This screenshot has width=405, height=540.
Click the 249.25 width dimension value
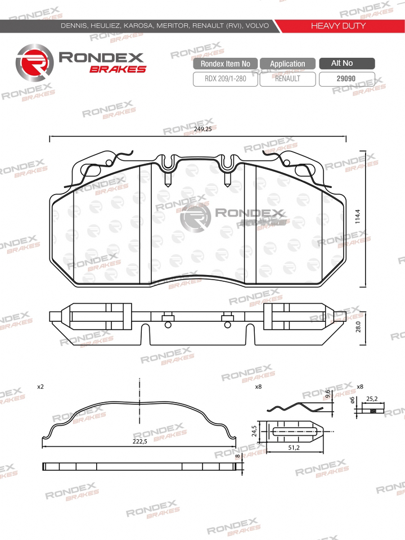click(x=202, y=129)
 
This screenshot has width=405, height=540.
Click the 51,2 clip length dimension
click(x=292, y=448)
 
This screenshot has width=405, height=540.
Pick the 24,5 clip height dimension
click(x=254, y=431)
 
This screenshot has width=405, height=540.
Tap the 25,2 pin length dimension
click(x=371, y=399)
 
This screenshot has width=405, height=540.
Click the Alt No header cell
click(x=344, y=64)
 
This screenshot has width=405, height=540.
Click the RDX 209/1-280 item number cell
click(x=225, y=79)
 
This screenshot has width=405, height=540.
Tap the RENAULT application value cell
click(x=287, y=79)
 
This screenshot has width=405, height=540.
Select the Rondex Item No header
click(x=225, y=64)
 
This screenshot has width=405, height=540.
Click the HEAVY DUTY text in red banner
click(x=338, y=26)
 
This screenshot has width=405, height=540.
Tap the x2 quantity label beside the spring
click(x=40, y=387)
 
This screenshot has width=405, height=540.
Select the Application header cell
click(x=287, y=64)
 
